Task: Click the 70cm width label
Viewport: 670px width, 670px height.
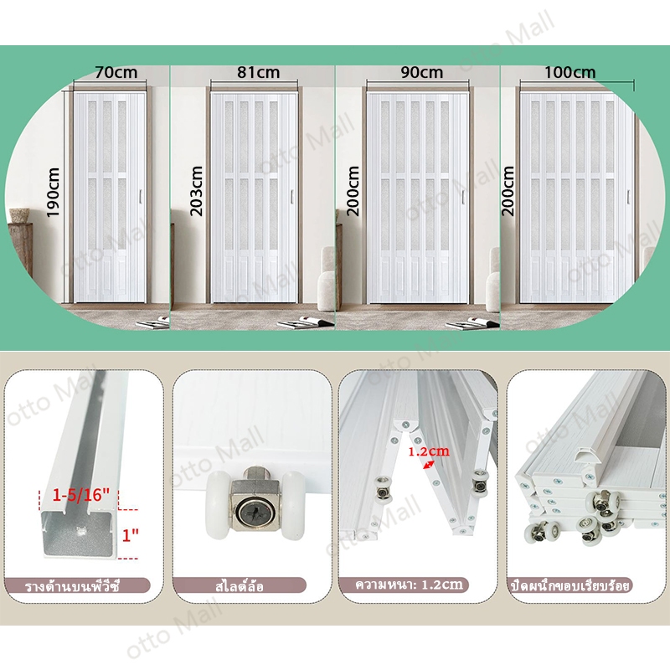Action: point(116,72)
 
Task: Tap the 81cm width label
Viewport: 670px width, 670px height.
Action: point(258,72)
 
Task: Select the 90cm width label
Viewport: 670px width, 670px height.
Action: point(422,72)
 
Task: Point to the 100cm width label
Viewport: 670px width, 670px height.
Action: point(569,72)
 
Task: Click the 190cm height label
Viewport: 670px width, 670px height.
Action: point(53,193)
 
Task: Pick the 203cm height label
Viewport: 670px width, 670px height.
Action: point(196,191)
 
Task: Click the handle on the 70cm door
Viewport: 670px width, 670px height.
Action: point(140,197)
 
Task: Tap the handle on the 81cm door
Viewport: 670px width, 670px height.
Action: point(291,197)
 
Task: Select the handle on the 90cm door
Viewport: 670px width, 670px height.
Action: point(463,197)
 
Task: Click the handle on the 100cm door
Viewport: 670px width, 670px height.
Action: point(628,197)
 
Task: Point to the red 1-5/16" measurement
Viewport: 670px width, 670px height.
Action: point(81,495)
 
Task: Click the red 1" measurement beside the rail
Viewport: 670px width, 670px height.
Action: point(130,535)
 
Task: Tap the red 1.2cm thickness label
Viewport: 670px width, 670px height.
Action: point(429,451)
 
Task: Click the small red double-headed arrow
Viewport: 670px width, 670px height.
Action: point(429,465)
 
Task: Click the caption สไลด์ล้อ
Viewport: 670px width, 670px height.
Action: point(240,585)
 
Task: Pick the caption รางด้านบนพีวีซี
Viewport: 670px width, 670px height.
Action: point(72,585)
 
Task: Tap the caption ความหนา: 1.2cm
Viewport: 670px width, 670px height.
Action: point(409,585)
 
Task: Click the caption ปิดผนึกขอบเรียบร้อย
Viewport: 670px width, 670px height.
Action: point(571,585)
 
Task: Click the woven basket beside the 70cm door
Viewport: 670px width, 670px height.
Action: point(19,215)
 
